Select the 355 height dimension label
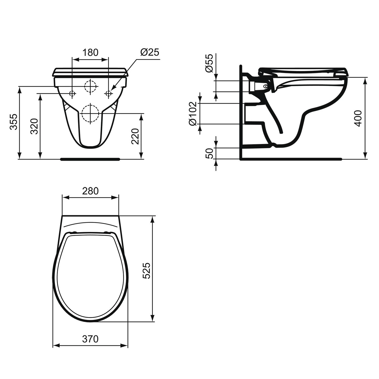pos(14,122)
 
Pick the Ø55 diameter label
pos(209,63)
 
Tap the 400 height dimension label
pos(358,118)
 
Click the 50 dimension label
pos(209,153)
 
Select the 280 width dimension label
pos(90,191)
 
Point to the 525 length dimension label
pos(147,270)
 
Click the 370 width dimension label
pos(90,339)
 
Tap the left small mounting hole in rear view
pos(73,93)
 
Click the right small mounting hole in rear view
pos(109,93)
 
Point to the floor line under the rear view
pos(90,159)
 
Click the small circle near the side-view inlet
pos(265,86)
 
